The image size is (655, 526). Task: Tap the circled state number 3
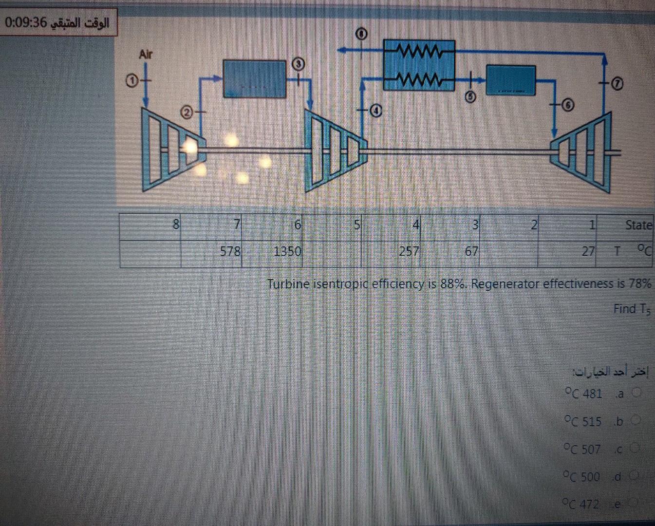[x=298, y=64]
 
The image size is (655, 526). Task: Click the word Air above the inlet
[x=145, y=54]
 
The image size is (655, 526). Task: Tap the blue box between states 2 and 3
[x=254, y=78]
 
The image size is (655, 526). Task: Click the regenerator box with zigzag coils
[x=419, y=65]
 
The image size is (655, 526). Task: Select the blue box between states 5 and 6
[x=511, y=80]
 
